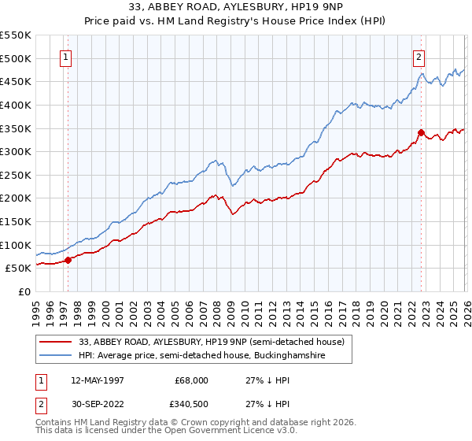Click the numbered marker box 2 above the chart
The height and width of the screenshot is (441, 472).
(419, 57)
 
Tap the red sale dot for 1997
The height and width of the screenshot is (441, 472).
(68, 259)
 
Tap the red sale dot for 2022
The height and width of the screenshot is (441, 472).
(421, 132)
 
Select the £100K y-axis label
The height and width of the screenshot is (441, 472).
(16, 245)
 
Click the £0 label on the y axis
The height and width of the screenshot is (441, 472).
(23, 291)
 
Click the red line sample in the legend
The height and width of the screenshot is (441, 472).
(57, 342)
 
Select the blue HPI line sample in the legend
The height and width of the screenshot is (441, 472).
(57, 356)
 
